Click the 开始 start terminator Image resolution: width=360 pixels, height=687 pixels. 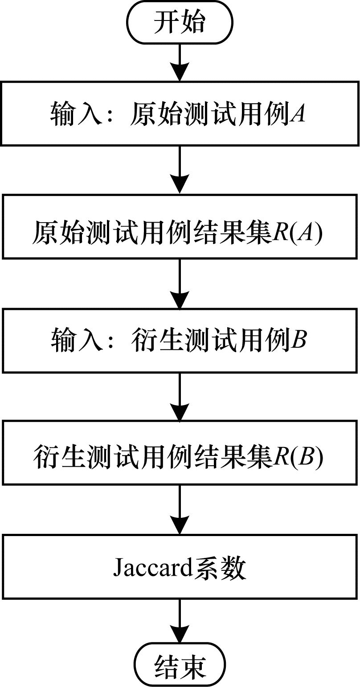[x=180, y=23]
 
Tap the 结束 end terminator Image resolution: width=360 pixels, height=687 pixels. [x=180, y=666]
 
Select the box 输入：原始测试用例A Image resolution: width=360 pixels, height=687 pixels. [x=180, y=113]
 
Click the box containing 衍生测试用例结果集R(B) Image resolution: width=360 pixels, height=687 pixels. [x=180, y=453]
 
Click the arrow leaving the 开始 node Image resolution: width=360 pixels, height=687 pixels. [x=180, y=62]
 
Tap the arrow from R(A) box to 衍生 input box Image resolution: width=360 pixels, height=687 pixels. [x=180, y=284]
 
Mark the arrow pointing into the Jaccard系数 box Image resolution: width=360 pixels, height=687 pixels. [x=180, y=510]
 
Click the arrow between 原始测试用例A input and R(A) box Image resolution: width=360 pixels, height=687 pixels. [x=180, y=170]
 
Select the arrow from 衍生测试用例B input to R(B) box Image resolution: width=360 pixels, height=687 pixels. [x=180, y=397]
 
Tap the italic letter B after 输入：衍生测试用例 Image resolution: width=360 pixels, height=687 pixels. [x=298, y=341]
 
